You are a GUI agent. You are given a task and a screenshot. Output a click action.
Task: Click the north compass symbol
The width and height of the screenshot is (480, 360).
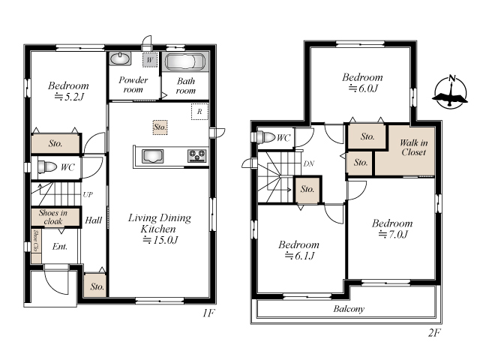click(x=451, y=91)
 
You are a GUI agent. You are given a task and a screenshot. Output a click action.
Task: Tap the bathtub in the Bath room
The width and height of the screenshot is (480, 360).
click(x=185, y=61)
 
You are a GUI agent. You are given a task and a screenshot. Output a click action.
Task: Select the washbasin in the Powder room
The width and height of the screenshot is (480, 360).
click(x=120, y=58)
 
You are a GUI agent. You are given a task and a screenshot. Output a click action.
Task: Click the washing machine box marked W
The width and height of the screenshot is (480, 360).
click(x=150, y=60)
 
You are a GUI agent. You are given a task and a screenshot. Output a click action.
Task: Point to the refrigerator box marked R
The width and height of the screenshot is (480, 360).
click(x=199, y=112)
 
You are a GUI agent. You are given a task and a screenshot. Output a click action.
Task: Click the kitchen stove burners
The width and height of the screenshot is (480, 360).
click(x=197, y=155)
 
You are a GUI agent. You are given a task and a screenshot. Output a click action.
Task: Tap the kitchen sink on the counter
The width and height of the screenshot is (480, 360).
click(x=152, y=156)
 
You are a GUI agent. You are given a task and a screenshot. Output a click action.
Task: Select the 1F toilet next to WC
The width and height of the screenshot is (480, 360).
click(x=47, y=167)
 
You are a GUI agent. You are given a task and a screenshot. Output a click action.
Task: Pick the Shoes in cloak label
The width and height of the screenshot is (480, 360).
click(x=53, y=217)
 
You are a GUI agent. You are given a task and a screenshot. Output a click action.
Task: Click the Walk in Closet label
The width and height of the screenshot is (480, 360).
click(x=413, y=147)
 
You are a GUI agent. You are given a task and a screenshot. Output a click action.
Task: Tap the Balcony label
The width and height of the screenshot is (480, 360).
click(x=349, y=308)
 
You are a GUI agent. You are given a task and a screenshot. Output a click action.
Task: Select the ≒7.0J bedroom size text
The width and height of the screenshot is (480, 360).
click(x=393, y=235)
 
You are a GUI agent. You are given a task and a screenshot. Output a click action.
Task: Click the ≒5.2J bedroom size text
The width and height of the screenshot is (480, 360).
click(x=69, y=97)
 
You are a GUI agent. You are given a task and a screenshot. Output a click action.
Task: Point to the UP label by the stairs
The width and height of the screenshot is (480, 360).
click(x=88, y=194)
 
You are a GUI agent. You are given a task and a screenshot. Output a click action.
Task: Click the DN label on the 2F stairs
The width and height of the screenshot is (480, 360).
click(x=309, y=163)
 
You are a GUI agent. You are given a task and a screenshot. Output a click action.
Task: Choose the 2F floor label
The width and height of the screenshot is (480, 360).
click(x=434, y=332)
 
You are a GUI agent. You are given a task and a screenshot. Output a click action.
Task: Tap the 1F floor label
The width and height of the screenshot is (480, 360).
click(x=208, y=313)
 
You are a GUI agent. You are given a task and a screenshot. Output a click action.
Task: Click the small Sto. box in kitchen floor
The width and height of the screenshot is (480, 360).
click(x=160, y=127)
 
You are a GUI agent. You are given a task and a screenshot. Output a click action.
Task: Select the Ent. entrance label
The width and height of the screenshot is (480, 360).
click(x=60, y=247)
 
